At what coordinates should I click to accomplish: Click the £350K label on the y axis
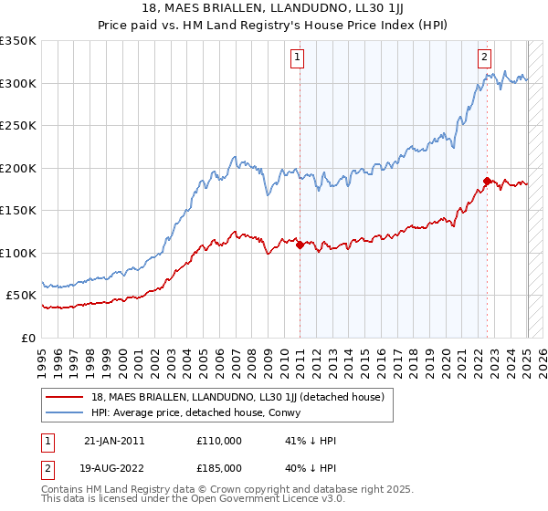click(18, 41)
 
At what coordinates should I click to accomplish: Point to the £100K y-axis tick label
click(18, 253)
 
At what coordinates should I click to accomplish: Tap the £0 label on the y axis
click(28, 338)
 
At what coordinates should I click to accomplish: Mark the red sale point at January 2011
click(300, 245)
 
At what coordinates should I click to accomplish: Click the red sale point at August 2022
click(487, 181)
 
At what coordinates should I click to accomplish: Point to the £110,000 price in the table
click(219, 441)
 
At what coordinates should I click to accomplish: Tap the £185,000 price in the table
click(219, 468)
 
